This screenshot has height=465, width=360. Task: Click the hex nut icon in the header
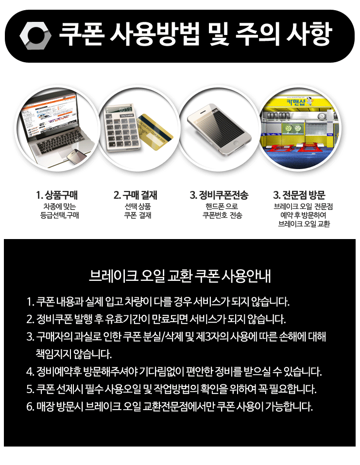coord(35,35)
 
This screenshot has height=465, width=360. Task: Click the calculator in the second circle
coord(122,127)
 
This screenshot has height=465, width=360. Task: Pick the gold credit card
coord(154,132)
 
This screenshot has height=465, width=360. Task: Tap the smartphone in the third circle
coord(220,129)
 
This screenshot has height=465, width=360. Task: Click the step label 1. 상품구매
coord(57,195)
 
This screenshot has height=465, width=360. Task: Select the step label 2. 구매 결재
coord(135,195)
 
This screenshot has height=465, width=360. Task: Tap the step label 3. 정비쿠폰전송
coord(219,195)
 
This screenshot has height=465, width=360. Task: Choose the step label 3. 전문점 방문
coord(299,195)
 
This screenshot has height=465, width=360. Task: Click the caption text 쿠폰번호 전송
coord(223,215)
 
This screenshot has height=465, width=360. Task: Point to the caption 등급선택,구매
coord(60,215)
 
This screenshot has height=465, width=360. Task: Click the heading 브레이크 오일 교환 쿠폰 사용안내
coord(180,276)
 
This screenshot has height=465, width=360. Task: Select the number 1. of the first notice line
coord(30,302)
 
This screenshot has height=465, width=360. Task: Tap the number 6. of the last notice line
coord(30,407)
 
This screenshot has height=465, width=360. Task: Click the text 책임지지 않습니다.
coord(73,354)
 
